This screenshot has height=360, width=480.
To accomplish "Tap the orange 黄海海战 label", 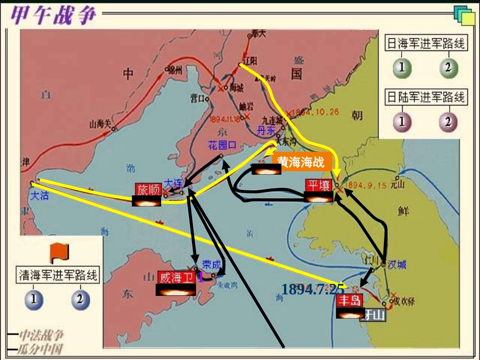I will click(x=301, y=162).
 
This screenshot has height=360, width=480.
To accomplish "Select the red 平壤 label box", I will click(x=319, y=185).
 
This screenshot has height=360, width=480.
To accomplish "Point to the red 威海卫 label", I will click(x=176, y=277).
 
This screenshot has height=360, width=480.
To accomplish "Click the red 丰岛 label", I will click(x=350, y=301).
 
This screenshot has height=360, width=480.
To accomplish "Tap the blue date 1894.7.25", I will click(x=313, y=289).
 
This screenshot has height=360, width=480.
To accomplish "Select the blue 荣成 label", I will click(x=211, y=264).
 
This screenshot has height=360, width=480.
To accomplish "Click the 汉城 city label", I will click(x=397, y=265).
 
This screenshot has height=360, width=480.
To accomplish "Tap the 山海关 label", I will click(x=100, y=124).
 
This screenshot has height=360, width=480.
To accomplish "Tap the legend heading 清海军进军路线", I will click(x=59, y=275).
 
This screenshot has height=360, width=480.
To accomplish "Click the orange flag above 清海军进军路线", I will click(x=59, y=251).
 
